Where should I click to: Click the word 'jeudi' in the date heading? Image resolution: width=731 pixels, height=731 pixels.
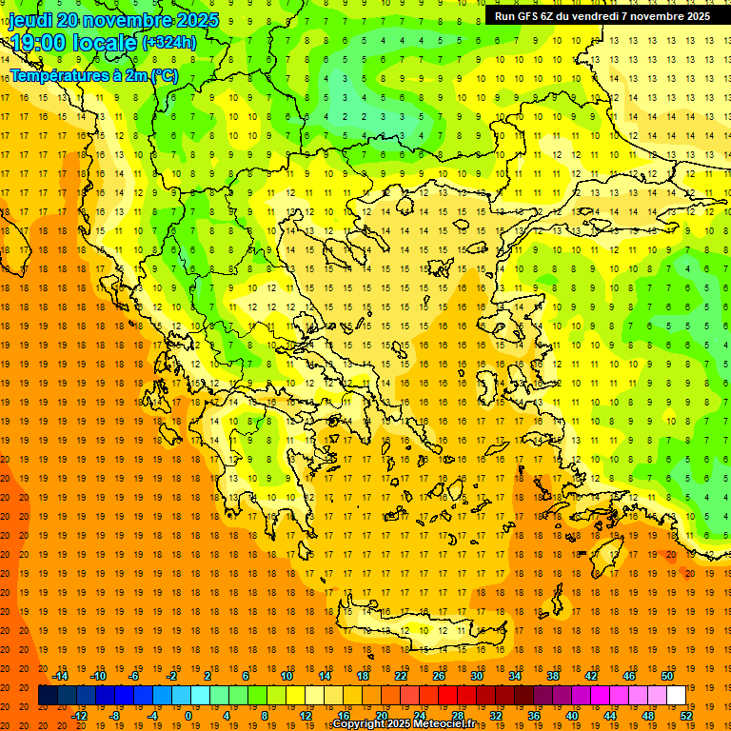tap(29, 20)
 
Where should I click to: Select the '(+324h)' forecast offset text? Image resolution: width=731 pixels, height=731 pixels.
tap(168, 43)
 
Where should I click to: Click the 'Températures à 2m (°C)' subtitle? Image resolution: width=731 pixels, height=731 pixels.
tap(93, 74)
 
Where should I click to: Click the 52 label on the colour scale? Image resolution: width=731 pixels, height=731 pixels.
tap(686, 716)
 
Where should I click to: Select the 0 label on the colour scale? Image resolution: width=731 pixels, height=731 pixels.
tap(188, 716)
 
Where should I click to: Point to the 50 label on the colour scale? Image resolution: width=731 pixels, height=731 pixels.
tap(666, 676)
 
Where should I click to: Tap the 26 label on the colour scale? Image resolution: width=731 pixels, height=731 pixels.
tap(439, 676)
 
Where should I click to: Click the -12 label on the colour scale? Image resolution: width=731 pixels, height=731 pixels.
tap(80, 716)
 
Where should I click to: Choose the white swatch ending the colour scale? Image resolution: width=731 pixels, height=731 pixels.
tap(676, 696)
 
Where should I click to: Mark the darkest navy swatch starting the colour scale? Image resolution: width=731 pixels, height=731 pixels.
tap(48, 696)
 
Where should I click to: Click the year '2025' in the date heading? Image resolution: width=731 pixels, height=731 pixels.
tap(191, 20)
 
